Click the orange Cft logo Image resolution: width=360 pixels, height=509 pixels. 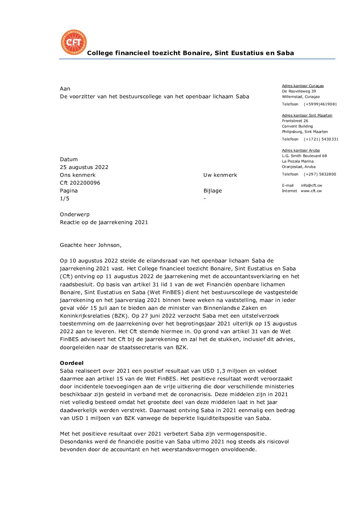[74, 42]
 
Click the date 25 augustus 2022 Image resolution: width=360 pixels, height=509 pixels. [84, 167]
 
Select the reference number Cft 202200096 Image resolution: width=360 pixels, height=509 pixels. [80, 183]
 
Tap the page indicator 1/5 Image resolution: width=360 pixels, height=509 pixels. [65, 199]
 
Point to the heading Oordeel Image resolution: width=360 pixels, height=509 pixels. [72, 363]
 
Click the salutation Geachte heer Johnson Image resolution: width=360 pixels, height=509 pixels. [91, 245]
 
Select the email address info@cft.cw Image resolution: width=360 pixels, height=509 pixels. [311, 186]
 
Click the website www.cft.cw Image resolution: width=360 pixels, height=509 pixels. [311, 191]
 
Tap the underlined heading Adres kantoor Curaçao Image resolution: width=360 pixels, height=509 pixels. [303, 86]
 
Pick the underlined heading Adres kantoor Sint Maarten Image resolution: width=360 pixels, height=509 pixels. [307, 116]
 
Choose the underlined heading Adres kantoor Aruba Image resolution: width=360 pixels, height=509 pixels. [301, 151]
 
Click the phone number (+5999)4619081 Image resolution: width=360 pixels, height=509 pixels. [320, 104]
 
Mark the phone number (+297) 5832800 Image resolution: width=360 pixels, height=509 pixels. [320, 174]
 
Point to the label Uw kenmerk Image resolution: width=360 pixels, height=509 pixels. [220, 175]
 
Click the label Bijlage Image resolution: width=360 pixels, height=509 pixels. [213, 191]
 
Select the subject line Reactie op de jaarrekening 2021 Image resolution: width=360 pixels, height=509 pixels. [104, 222]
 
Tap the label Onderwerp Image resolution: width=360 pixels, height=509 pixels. [75, 215]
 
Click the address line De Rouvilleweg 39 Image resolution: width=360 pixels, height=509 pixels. [299, 91]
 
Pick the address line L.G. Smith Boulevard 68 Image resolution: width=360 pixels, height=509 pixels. [304, 156]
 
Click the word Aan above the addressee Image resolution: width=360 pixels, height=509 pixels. [65, 89]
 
